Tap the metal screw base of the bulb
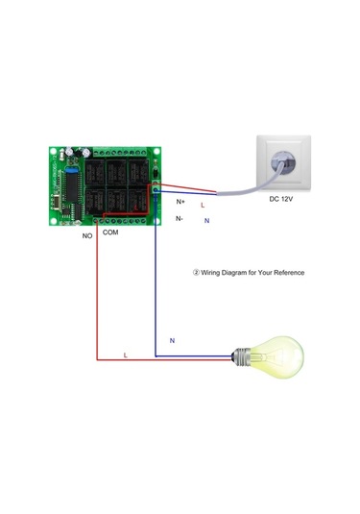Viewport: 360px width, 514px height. (241, 357)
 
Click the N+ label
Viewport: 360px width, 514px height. (180, 202)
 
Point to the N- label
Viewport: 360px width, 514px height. (180, 219)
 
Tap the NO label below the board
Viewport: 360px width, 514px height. (87, 233)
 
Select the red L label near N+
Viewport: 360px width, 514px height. (202, 206)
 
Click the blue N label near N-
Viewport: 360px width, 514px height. (206, 221)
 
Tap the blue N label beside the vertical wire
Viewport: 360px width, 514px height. (172, 341)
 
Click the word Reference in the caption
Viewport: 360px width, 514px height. (287, 273)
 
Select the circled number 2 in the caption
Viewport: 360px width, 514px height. (196, 273)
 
